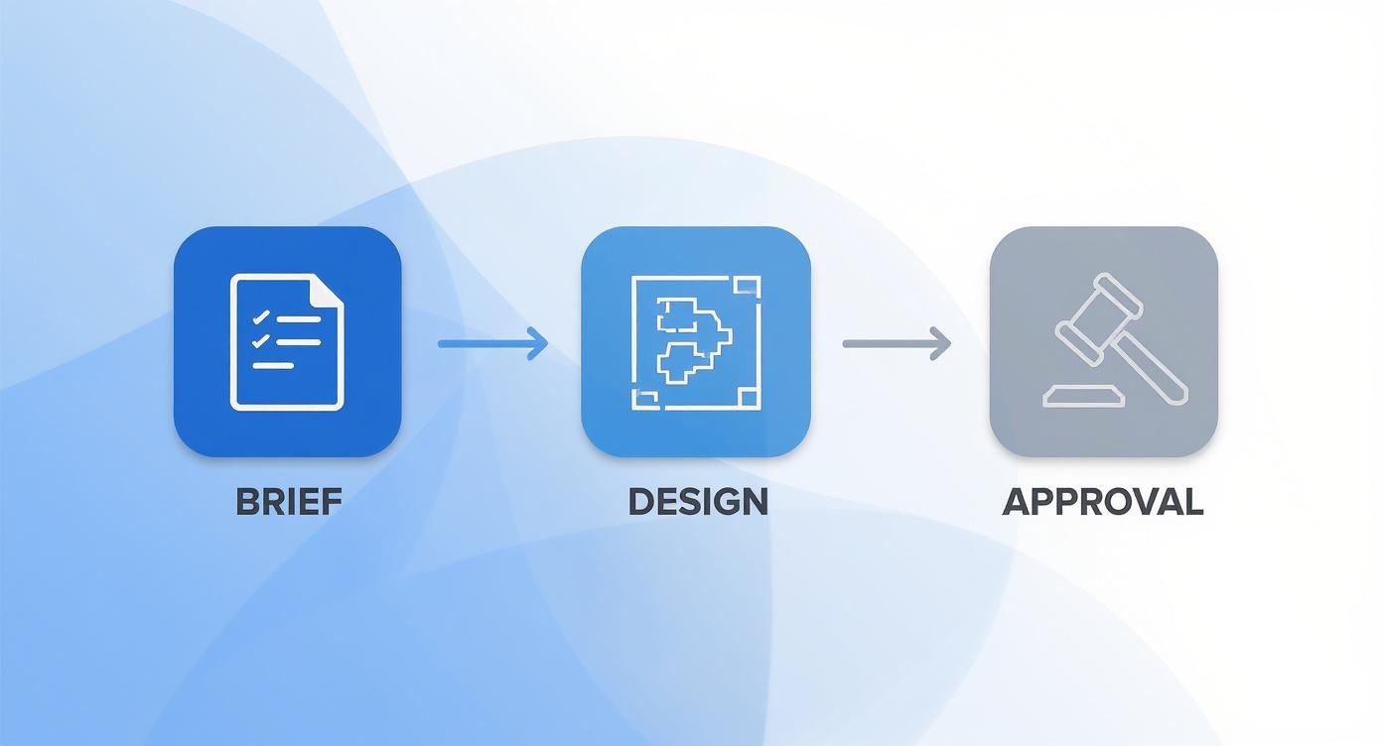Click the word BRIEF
click(288, 501)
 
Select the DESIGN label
click(698, 501)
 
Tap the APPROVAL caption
click(1102, 501)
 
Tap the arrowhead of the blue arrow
click(539, 344)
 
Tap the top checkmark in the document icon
click(262, 318)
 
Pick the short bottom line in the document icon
click(273, 365)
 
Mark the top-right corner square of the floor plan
click(749, 288)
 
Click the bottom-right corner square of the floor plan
click(749, 399)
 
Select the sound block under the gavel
click(1084, 397)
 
